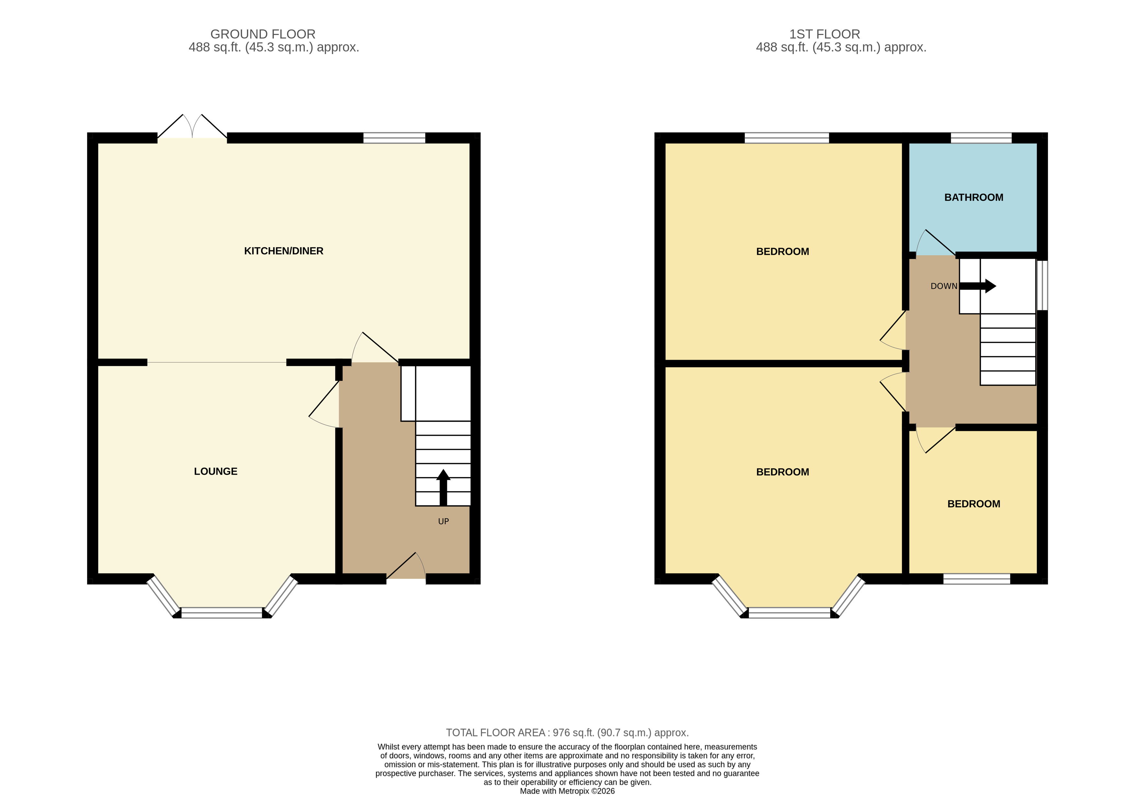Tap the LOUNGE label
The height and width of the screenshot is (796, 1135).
216,471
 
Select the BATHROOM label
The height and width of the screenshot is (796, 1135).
974,198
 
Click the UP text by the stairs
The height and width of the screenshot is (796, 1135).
443,521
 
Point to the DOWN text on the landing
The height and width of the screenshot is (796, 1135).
944,286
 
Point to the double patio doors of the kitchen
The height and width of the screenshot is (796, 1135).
192,127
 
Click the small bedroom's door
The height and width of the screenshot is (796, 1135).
934,440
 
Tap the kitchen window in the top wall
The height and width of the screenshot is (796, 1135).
394,138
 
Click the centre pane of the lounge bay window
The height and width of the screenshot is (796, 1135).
222,613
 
